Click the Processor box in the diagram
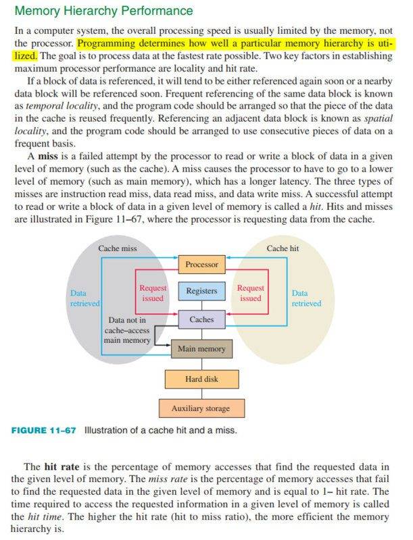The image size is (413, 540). [201, 265]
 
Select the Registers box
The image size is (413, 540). [201, 291]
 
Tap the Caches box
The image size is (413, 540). [201, 319]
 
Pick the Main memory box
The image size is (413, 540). [201, 348]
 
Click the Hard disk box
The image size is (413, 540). [201, 379]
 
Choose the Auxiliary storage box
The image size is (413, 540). [201, 408]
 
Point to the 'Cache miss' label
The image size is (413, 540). [118, 249]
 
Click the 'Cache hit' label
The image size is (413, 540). [282, 249]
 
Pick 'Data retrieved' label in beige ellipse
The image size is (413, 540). [306, 298]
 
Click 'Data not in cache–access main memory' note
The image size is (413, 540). [127, 330]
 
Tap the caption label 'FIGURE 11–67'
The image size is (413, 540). [45, 431]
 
